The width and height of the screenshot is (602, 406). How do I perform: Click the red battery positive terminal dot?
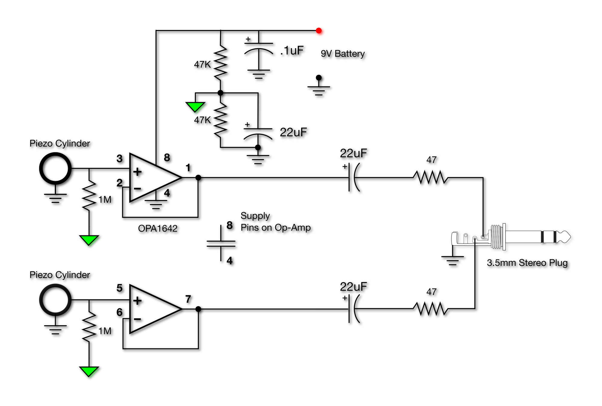coord(319,30)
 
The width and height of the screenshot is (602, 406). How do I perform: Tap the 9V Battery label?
coord(342,54)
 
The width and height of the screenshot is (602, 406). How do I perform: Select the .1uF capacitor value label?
coord(292,50)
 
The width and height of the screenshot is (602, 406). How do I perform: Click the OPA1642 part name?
coord(158,228)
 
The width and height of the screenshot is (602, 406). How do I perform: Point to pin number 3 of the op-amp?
coord(120,159)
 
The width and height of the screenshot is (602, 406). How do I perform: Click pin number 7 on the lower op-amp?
coord(188,299)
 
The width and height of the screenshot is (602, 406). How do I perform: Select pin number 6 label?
coord(120,312)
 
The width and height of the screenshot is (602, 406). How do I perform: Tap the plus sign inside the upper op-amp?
coord(137,172)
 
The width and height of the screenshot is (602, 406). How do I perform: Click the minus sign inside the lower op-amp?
coord(137,319)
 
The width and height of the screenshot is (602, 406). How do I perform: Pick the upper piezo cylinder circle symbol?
coord(55,168)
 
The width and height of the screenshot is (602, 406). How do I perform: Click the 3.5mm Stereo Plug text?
coord(527,263)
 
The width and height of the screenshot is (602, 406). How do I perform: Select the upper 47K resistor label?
coord(202,64)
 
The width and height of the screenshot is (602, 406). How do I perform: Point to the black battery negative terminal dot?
coord(319,78)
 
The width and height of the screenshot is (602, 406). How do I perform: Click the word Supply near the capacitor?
coord(255,216)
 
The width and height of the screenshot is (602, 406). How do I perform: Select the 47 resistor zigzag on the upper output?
coord(431,178)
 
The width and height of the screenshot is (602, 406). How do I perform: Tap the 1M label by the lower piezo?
coord(105,331)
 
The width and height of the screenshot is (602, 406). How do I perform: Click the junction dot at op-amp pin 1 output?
coord(198,178)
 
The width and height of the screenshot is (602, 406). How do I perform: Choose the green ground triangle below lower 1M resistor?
coord(89,371)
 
